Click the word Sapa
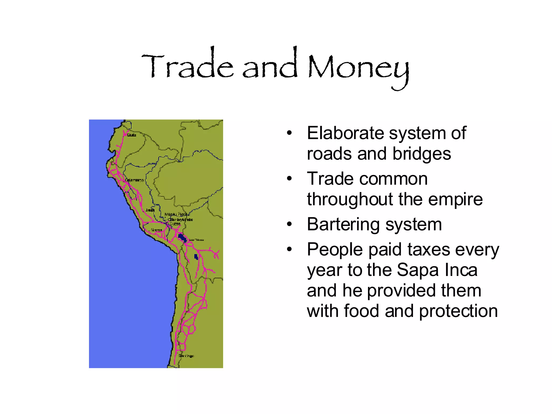[418, 270]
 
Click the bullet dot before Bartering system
[289, 224]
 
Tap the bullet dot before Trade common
[289, 179]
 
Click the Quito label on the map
[132, 135]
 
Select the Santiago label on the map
[186, 356]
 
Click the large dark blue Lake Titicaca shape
[182, 238]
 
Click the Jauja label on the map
[150, 210]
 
